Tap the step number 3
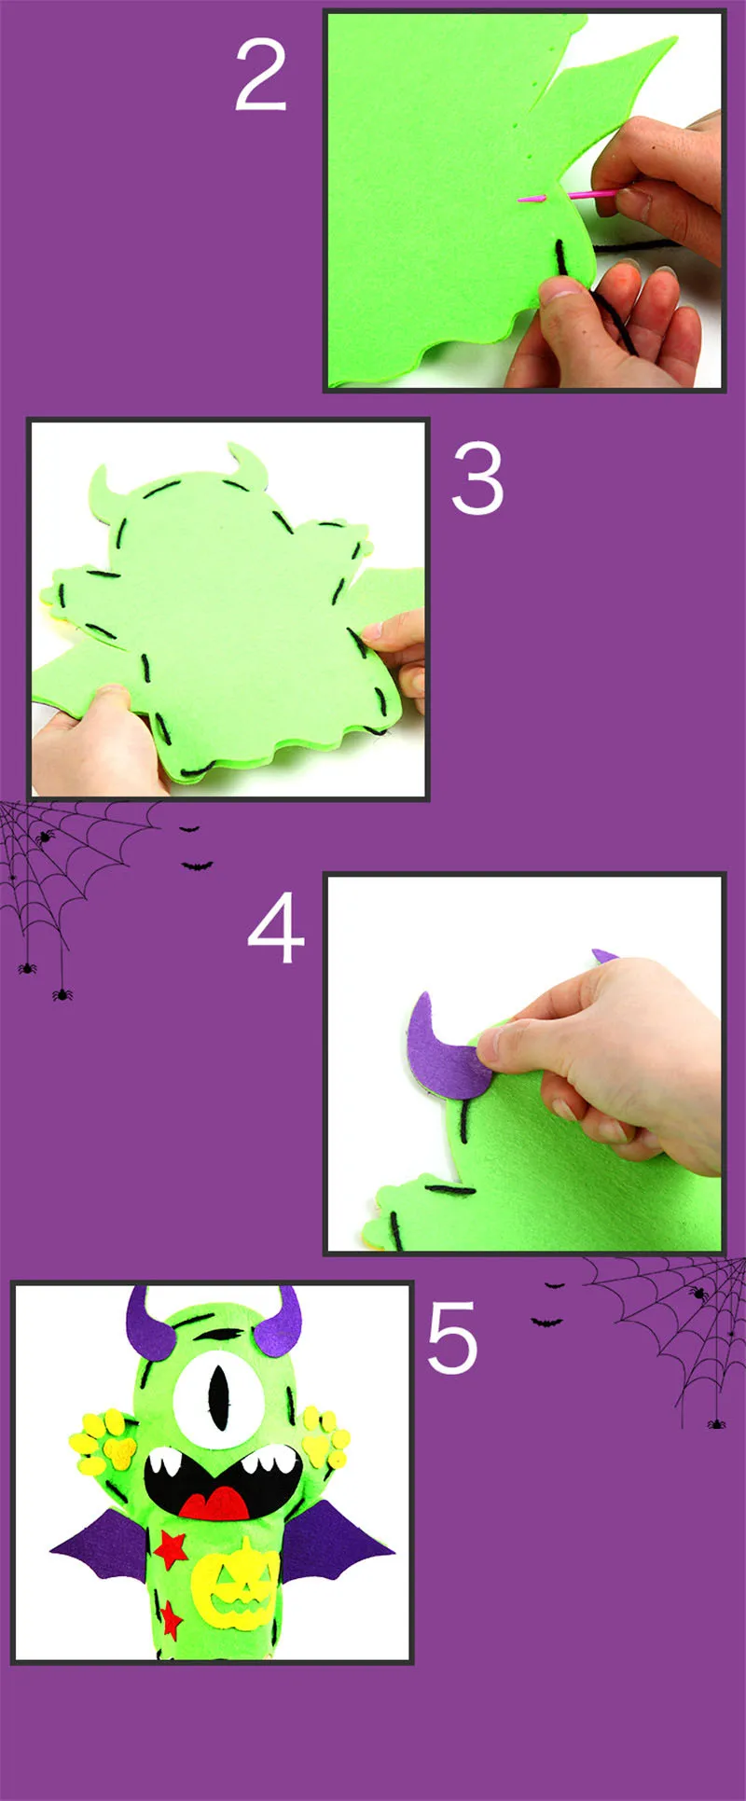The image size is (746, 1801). click(477, 478)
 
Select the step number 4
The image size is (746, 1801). click(276, 929)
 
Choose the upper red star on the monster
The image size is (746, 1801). click(171, 1548)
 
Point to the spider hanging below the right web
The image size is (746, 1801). click(715, 1423)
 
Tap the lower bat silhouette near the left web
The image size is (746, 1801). click(197, 866)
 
